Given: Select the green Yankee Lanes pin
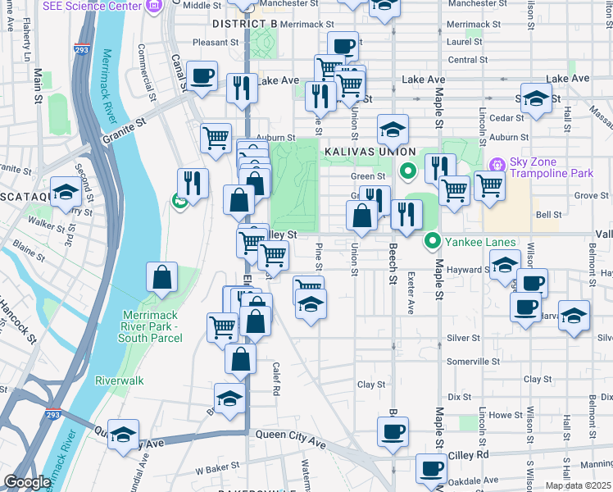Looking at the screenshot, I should [432, 242].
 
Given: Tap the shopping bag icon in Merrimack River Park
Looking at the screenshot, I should [162, 278].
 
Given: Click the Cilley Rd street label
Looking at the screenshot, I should [470, 454].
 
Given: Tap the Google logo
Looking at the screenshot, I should [28, 482].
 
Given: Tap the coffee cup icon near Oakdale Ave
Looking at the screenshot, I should [431, 469].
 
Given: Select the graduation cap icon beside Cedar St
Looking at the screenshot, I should [535, 99].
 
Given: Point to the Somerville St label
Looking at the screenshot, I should [473, 362].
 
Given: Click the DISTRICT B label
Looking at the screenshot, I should [246, 25].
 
